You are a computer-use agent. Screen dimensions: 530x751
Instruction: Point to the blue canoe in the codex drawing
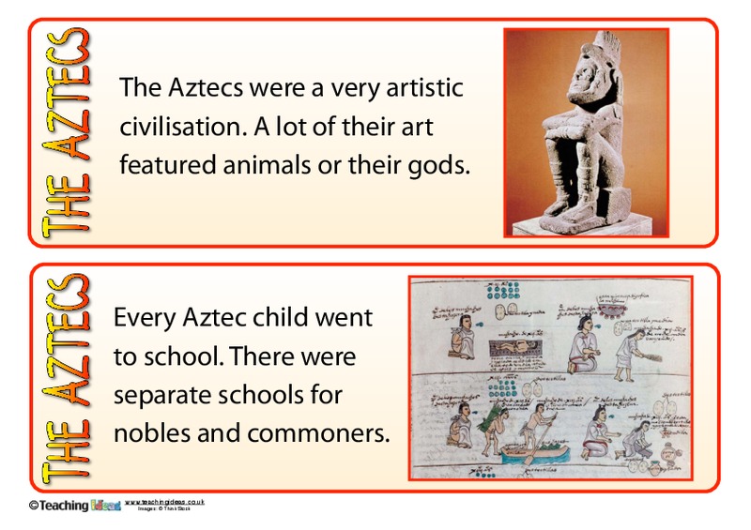point(530,458)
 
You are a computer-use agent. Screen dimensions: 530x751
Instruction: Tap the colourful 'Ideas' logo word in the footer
point(104,507)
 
